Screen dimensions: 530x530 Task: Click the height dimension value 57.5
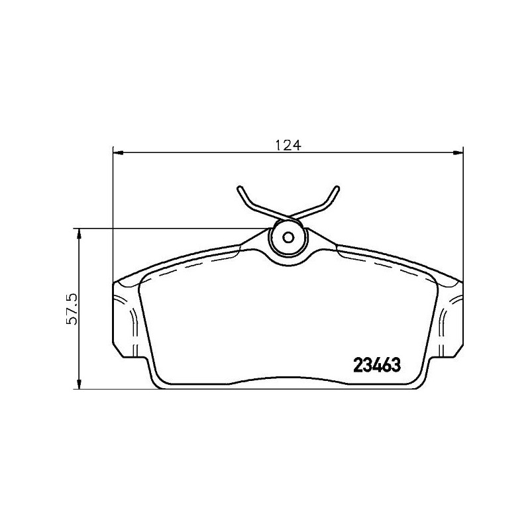tap(73, 309)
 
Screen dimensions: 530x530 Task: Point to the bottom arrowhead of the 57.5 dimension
tap(79, 384)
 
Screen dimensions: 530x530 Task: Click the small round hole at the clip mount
tap(288, 238)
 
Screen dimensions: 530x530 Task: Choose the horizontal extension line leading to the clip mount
tap(172, 229)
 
